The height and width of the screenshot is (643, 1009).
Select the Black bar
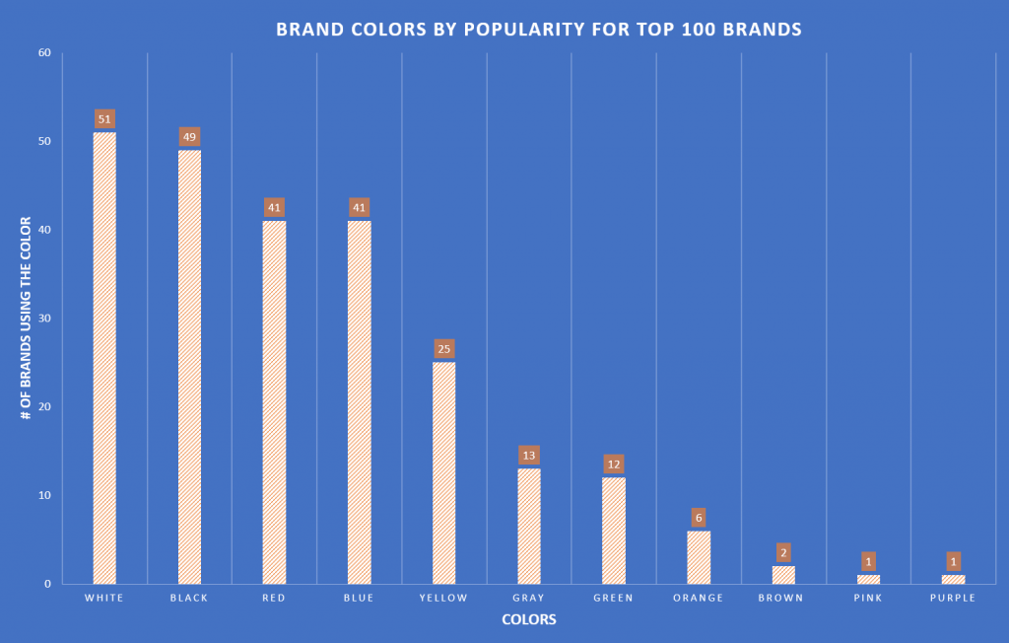[x=189, y=366]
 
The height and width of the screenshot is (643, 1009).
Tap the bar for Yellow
[x=443, y=472]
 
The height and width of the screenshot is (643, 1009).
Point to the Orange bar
[x=699, y=557]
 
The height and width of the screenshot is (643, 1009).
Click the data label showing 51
[x=104, y=119]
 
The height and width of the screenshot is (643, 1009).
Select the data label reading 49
[x=189, y=137]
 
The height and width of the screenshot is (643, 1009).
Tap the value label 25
[x=443, y=349]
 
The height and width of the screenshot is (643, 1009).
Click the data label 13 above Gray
[x=529, y=456]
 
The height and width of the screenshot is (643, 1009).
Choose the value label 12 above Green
[x=614, y=464]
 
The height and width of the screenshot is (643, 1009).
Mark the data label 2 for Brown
[x=783, y=552]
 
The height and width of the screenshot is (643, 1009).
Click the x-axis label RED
[x=274, y=598]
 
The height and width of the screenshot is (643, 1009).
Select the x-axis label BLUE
[x=359, y=598]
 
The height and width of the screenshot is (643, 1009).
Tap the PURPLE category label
[x=953, y=598]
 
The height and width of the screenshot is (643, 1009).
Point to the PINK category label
[x=868, y=598]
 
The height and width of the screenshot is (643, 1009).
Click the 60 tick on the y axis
[x=44, y=53]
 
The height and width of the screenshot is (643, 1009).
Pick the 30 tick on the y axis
[x=44, y=319]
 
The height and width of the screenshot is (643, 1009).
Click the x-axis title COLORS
[x=528, y=620]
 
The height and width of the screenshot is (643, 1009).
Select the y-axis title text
[x=27, y=319]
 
